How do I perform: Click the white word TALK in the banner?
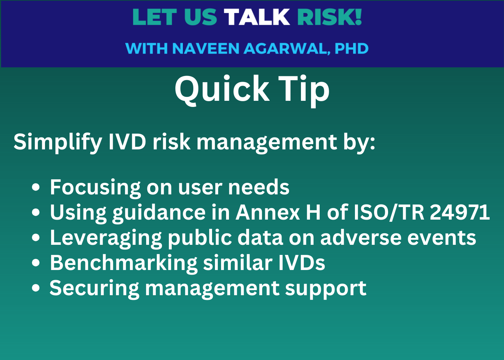tap(257, 17)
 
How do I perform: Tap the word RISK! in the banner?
tap(329, 17)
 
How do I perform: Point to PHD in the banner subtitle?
tap(351, 49)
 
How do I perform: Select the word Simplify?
tap(58, 142)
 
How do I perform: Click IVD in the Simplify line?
tap(127, 141)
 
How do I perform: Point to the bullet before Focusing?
tap(36, 188)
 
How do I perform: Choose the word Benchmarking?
tap(123, 263)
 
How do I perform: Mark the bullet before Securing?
tap(36, 288)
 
